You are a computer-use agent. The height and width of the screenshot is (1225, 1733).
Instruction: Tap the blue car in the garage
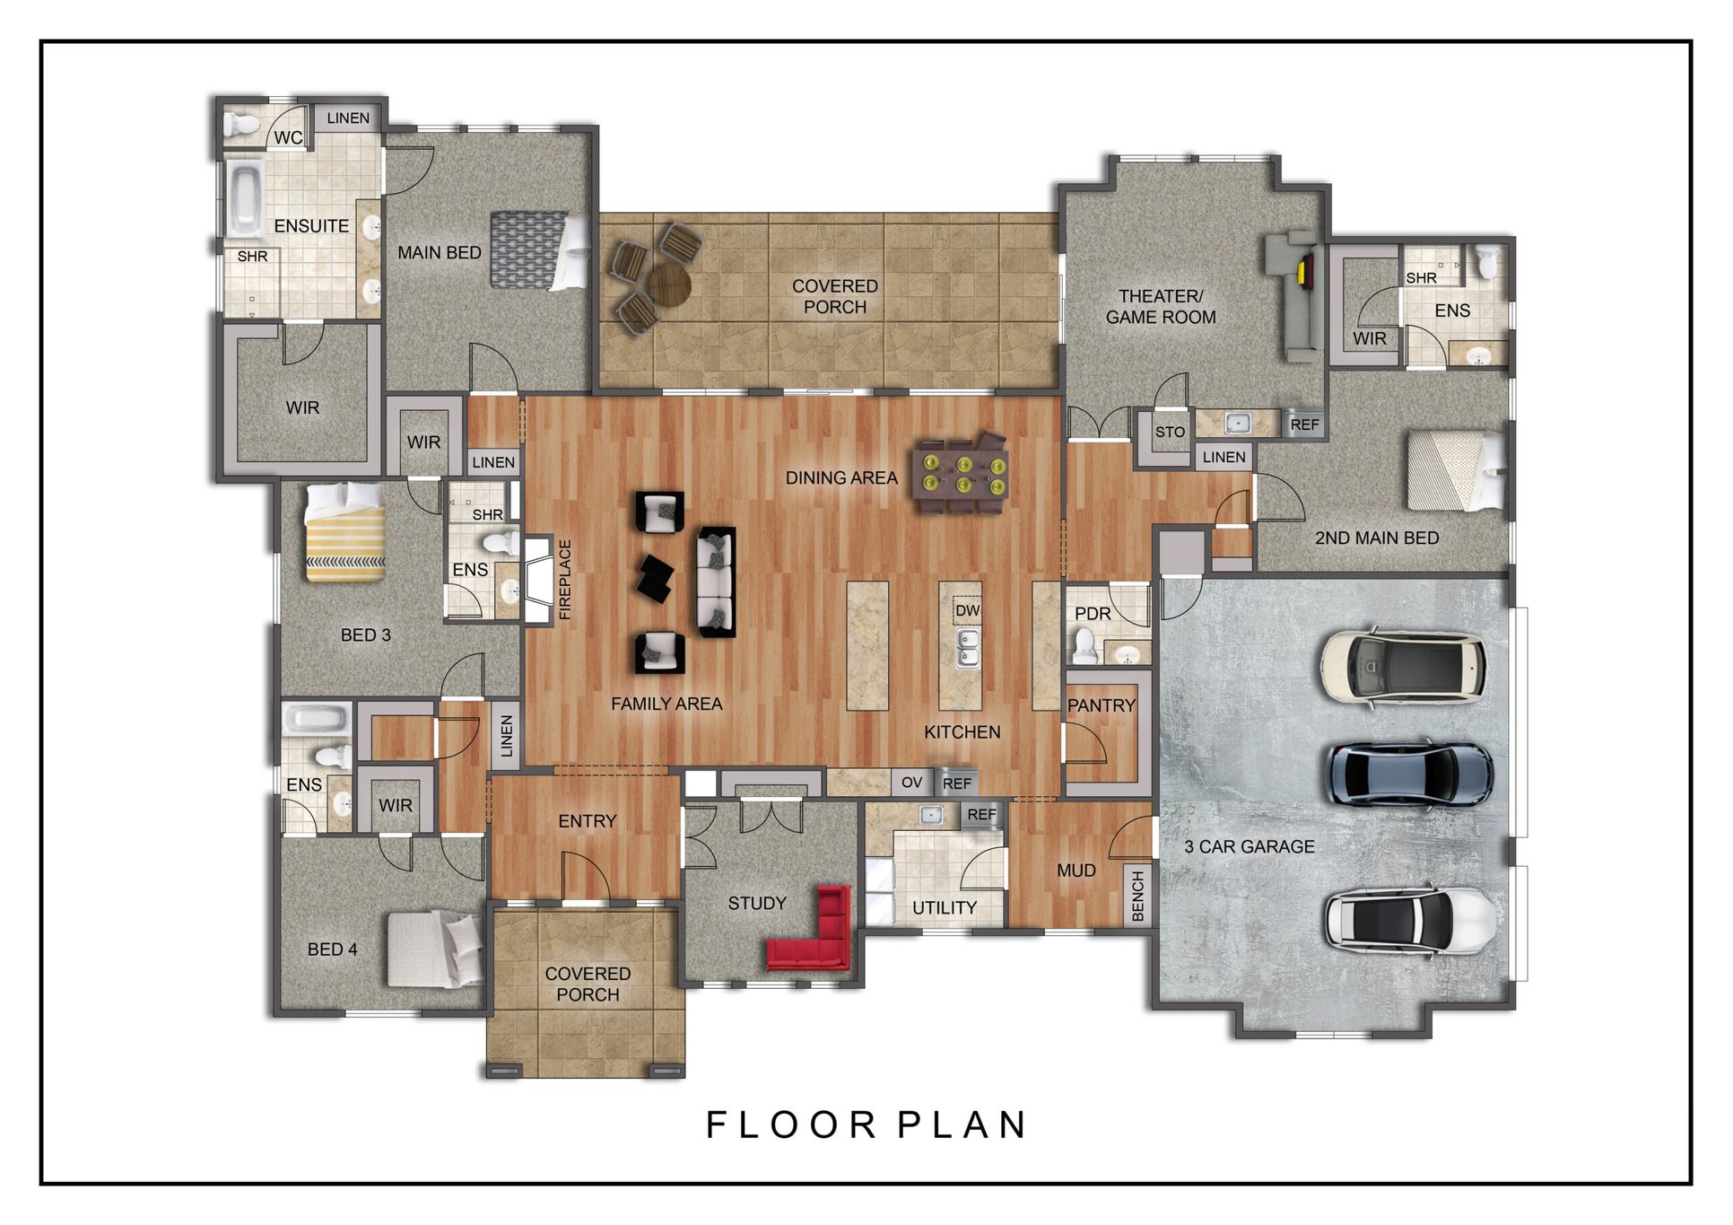[x=1410, y=774]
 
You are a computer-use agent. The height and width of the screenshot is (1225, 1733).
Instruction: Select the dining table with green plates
[x=960, y=476]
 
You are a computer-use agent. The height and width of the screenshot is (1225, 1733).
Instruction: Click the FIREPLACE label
[x=565, y=579]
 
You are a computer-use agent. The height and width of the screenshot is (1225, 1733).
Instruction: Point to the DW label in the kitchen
[x=967, y=611]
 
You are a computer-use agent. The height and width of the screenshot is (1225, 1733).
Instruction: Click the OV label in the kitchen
[x=911, y=783]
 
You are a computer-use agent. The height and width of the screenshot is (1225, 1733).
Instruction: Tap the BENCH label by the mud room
[x=1138, y=895]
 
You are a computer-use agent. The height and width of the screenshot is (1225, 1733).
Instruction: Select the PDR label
[x=1093, y=614]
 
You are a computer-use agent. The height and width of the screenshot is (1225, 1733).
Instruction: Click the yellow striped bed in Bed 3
[x=346, y=532]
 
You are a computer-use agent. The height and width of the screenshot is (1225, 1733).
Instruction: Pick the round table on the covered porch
[x=669, y=285]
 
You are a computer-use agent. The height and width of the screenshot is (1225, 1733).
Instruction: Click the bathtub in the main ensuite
[x=244, y=198]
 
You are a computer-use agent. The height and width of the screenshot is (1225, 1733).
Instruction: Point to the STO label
[x=1170, y=432]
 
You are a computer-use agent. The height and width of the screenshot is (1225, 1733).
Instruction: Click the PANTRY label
[x=1102, y=705]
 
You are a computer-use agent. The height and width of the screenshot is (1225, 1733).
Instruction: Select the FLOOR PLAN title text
[x=866, y=1124]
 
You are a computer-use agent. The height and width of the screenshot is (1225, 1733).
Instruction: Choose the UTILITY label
[x=945, y=907]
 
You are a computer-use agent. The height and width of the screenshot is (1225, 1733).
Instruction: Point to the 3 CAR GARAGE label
[x=1250, y=846]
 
